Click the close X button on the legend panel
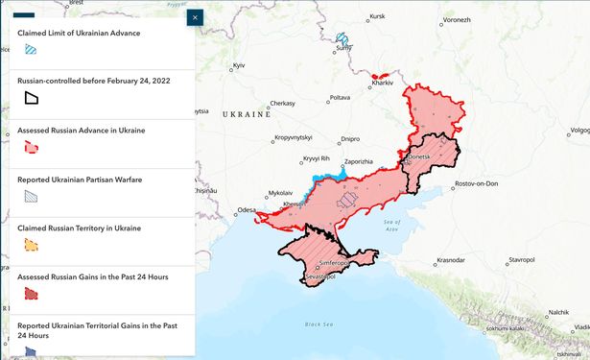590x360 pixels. (x=195, y=17)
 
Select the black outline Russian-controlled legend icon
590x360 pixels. (x=31, y=98)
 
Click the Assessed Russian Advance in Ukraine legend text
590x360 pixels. (x=82, y=130)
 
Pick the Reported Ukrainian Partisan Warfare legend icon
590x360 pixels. (x=31, y=196)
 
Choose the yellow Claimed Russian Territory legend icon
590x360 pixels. (x=31, y=245)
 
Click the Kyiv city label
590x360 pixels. (x=240, y=64)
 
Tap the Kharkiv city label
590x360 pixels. (x=384, y=84)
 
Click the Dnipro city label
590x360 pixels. (x=350, y=138)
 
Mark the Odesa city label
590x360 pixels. (x=247, y=209)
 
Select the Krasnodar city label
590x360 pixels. (x=451, y=259)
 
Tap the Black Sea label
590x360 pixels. (x=319, y=324)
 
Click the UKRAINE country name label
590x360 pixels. (x=245, y=113)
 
